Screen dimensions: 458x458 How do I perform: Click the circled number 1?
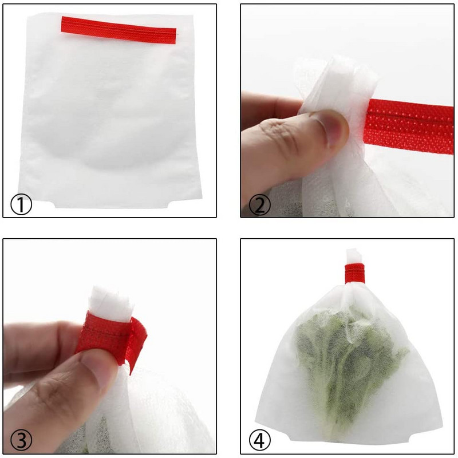21,205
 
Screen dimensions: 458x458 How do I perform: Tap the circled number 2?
260,205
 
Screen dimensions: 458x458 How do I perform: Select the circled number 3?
21,440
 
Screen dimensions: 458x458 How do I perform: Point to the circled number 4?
260,440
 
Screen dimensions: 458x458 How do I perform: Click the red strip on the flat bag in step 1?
119,30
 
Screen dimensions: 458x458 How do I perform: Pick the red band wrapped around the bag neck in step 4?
354,274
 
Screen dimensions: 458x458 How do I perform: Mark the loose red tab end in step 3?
137,345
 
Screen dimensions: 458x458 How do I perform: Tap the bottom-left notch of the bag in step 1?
53,203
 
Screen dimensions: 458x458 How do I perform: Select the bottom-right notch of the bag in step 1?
170,204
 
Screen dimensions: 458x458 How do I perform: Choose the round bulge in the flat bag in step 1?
111,123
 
